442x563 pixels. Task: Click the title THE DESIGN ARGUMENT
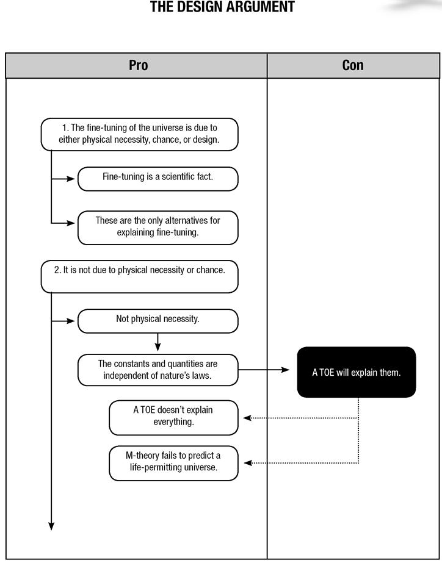pos(222,7)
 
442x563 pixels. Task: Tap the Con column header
pos(353,65)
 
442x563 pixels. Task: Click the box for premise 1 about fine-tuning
pos(139,134)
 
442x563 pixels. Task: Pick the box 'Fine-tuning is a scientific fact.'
pos(158,179)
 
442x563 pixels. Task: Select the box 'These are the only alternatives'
pos(158,228)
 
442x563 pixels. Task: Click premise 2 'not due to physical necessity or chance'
pos(139,276)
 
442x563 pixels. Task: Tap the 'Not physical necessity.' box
pos(158,321)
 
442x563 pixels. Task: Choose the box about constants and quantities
pos(158,370)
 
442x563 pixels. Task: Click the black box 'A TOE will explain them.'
pos(357,372)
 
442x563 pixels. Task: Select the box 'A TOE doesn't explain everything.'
pos(173,418)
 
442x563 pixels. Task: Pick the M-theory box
pos(173,463)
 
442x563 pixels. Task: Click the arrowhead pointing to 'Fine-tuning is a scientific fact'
pos(71,179)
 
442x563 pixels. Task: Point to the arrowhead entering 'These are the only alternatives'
pos(71,223)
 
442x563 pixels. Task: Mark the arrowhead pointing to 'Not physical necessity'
pos(71,321)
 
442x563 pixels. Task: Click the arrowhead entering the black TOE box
pos(285,370)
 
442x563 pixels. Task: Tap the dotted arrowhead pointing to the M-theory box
pos(248,463)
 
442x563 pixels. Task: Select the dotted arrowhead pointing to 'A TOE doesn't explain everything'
pos(248,418)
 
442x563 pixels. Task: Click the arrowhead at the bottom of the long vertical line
pos(51,526)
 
